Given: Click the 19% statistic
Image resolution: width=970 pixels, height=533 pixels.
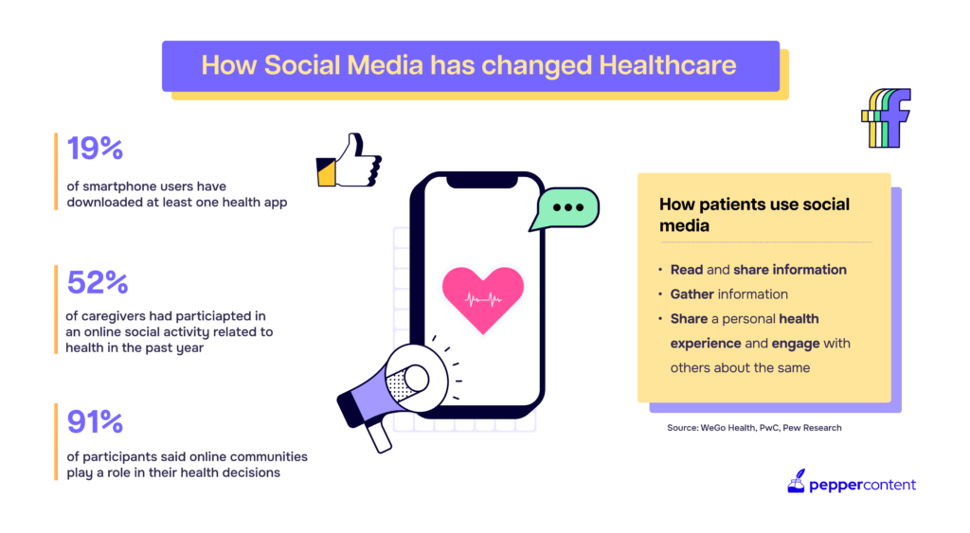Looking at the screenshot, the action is (96, 149).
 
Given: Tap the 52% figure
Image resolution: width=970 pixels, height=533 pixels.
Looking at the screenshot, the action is (98, 282).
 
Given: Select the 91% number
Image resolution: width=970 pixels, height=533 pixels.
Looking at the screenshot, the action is (96, 421).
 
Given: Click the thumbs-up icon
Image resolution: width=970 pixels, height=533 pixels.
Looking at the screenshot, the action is (349, 161).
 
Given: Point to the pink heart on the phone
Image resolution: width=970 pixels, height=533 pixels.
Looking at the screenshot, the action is (483, 299).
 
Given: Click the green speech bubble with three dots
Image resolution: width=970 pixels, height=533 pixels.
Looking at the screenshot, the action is (565, 208).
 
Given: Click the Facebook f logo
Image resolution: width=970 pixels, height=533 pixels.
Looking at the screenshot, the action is (887, 117).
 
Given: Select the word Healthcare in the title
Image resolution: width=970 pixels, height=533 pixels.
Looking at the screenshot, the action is (668, 65).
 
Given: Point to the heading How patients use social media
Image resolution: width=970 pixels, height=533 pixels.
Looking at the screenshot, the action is (754, 215).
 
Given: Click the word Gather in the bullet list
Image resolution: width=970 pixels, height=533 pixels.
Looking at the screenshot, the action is (692, 294).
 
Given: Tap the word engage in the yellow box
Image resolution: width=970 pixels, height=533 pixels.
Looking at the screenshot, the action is (796, 344).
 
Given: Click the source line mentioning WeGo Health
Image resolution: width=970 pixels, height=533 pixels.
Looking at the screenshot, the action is (754, 428).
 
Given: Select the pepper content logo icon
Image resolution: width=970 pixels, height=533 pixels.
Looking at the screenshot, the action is (796, 481).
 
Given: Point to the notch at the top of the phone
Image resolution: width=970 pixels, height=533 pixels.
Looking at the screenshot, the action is (482, 181).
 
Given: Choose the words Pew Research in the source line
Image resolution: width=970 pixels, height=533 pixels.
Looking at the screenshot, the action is (812, 428).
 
